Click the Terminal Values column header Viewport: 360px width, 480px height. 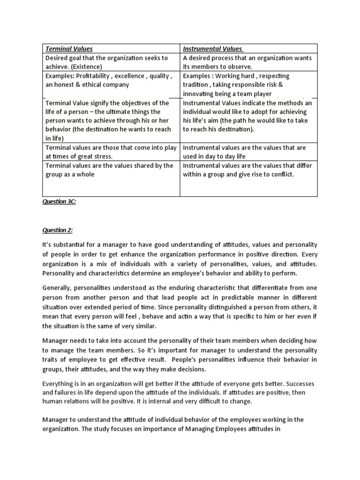click(x=69, y=49)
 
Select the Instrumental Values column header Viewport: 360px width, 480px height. click(x=212, y=49)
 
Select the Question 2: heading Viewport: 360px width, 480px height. click(x=57, y=230)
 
